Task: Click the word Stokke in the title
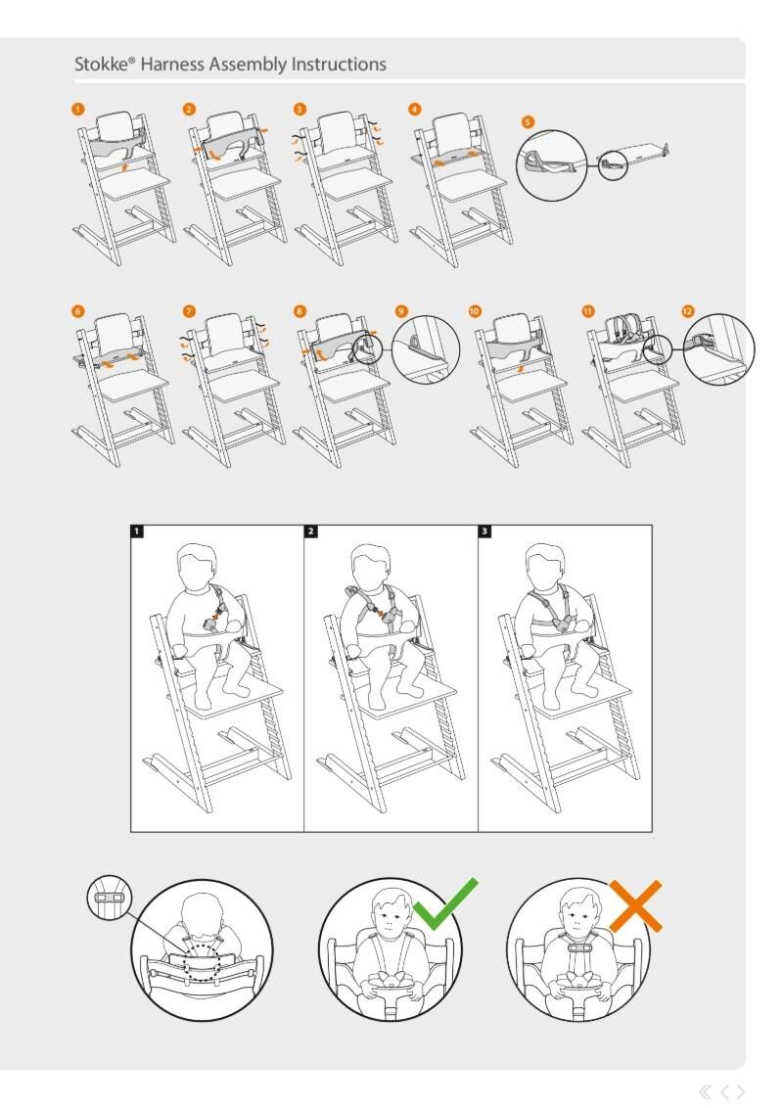click(x=102, y=65)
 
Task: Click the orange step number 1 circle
click(x=77, y=109)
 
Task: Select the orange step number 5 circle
click(x=528, y=121)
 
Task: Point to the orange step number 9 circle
click(x=401, y=311)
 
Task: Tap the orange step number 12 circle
click(x=688, y=311)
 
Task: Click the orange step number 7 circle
click(x=189, y=311)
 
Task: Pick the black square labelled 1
click(x=137, y=531)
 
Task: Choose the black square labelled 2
click(x=311, y=531)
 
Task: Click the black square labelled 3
click(x=484, y=531)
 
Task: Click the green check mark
click(x=445, y=904)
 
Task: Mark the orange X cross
click(x=636, y=906)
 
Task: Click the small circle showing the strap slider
click(x=109, y=899)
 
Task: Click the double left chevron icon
click(x=706, y=1091)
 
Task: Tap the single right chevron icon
click(x=741, y=1091)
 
